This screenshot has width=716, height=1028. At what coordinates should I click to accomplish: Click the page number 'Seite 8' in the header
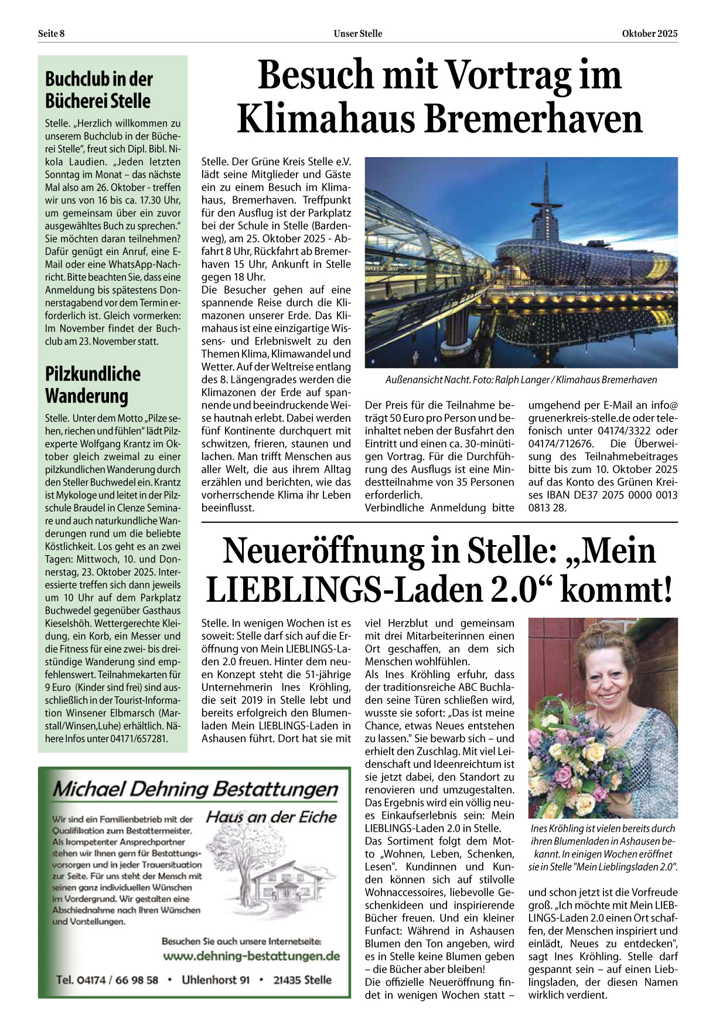pyautogui.click(x=51, y=33)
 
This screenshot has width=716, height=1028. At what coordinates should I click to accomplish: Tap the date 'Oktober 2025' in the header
pyautogui.click(x=649, y=33)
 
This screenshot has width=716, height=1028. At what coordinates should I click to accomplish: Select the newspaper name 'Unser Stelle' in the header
pyautogui.click(x=357, y=33)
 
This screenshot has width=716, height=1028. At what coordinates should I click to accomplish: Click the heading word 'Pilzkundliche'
pyautogui.click(x=93, y=374)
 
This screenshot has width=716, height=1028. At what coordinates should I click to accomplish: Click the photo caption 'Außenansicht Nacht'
pyautogui.click(x=425, y=380)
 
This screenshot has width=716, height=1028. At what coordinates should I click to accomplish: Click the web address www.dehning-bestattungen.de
pyautogui.click(x=251, y=956)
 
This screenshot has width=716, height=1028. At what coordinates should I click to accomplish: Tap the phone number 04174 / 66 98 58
pyautogui.click(x=107, y=980)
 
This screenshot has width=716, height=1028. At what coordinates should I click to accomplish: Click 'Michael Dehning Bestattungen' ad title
pyautogui.click(x=195, y=789)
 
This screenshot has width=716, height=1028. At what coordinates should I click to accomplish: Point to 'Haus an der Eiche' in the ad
pyautogui.click(x=271, y=816)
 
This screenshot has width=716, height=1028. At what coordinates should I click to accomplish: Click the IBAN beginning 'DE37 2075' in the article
pyautogui.click(x=604, y=495)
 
